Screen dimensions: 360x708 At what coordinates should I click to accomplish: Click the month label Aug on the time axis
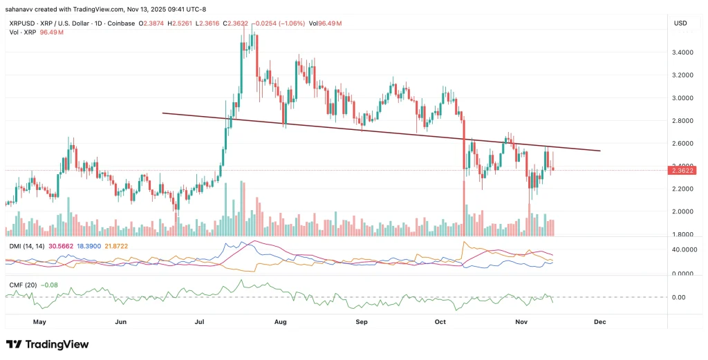[x=280, y=322]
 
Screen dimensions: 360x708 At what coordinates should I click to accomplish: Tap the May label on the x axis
[x=39, y=322]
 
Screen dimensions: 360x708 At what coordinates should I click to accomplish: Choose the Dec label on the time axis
[x=599, y=322]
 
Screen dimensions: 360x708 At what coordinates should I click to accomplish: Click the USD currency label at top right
[x=680, y=23]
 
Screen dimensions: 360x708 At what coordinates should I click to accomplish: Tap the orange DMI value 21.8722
[x=117, y=247]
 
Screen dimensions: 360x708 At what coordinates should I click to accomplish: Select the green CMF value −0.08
[x=48, y=284]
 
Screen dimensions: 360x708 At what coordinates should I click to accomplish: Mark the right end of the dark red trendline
[x=599, y=151]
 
